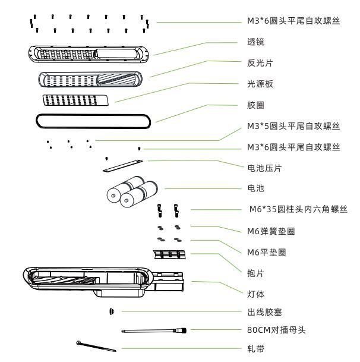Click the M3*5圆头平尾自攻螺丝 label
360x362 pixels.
293,126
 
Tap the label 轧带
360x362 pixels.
251,351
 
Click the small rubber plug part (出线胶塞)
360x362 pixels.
111,311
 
